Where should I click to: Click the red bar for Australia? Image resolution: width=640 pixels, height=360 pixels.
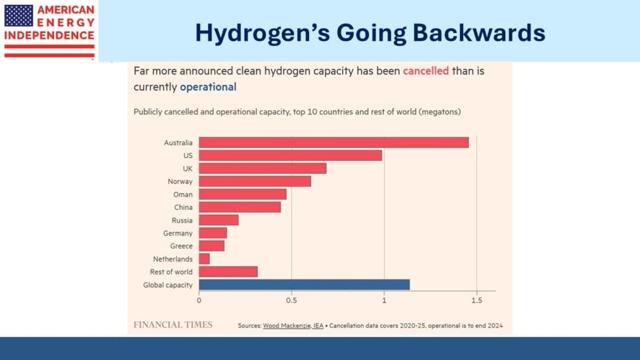[x=334, y=142]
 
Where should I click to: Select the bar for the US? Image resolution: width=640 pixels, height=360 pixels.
[x=290, y=155]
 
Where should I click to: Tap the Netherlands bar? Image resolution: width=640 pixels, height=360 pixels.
[x=204, y=259]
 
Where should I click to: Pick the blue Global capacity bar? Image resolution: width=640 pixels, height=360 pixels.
[x=304, y=285]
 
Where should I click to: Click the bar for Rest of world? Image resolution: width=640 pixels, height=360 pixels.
[x=228, y=272]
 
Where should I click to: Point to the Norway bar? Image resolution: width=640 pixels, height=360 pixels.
[x=255, y=182]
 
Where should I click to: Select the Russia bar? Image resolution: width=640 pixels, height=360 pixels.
[x=219, y=220]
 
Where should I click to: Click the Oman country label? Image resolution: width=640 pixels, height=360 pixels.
[x=183, y=195]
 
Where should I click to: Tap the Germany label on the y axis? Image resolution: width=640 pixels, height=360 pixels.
[x=178, y=233]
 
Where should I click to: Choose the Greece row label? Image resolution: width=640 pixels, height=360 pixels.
[x=181, y=246]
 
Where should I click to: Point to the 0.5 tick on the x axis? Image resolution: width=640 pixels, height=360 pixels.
[x=291, y=300]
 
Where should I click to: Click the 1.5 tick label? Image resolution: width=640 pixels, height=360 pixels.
[x=477, y=300]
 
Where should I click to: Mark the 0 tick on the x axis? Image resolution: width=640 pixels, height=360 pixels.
[x=199, y=300]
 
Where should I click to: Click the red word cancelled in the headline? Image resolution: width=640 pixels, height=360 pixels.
[x=426, y=71]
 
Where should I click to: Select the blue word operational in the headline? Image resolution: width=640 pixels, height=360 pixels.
[x=208, y=87]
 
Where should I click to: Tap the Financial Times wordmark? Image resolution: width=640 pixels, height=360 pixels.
[x=173, y=325]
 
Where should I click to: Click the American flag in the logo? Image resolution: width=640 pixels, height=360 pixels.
[x=19, y=15]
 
